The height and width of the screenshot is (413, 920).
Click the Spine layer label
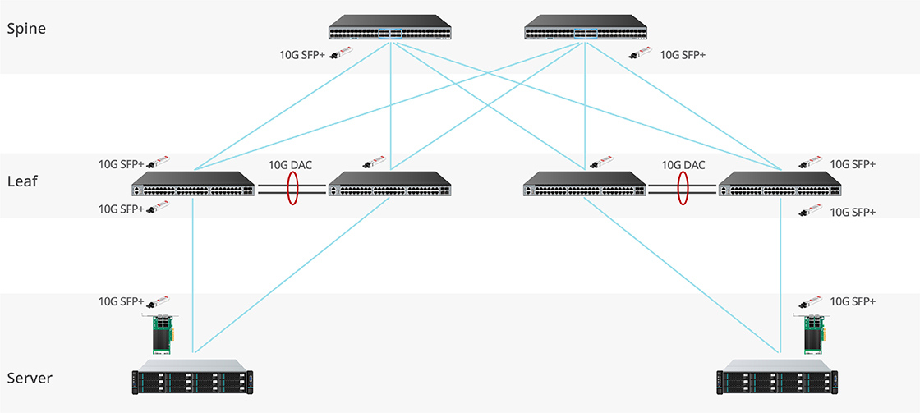(x=26, y=29)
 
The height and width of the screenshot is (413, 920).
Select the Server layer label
(x=30, y=379)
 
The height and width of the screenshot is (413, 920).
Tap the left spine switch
(x=390, y=28)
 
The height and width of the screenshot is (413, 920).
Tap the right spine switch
(x=586, y=28)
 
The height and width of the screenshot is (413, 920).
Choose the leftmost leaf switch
(x=193, y=185)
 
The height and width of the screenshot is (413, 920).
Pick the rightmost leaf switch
(x=780, y=185)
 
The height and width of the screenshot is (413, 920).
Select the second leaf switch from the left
(x=389, y=185)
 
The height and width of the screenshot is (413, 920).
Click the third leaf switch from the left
(x=585, y=185)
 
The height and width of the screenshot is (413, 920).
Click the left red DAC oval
(x=292, y=188)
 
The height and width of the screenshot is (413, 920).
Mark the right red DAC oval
(x=683, y=188)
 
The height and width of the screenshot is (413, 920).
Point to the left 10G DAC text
(x=290, y=164)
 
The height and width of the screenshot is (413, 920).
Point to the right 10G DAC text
(x=683, y=164)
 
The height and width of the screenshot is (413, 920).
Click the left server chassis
(x=193, y=379)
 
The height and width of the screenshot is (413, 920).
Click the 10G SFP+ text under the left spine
(x=302, y=56)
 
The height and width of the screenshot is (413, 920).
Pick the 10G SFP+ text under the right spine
(x=683, y=56)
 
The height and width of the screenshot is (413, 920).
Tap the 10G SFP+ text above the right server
(x=853, y=301)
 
